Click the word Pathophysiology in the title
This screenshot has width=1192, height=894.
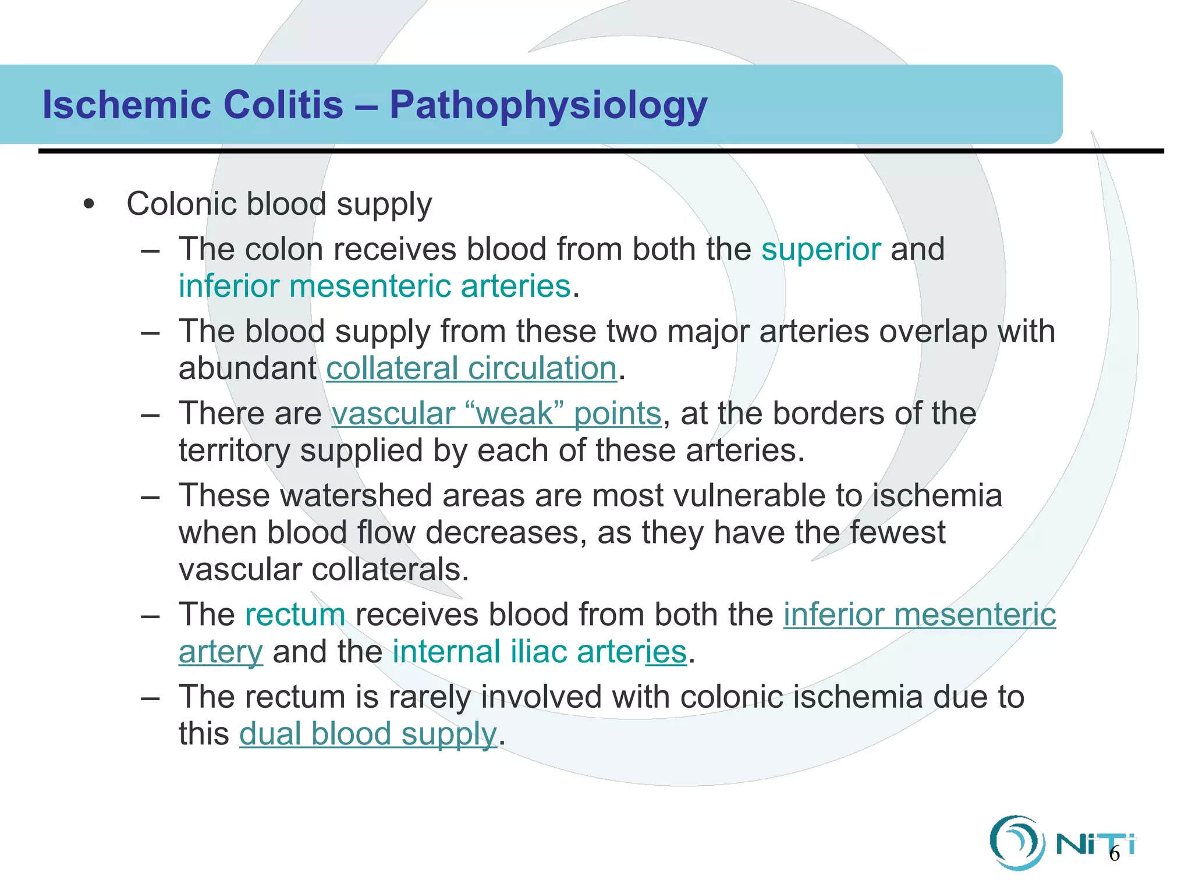[548, 105]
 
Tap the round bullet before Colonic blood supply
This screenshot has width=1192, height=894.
[88, 204]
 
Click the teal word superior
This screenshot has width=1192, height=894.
[821, 249]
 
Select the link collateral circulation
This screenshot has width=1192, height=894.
[471, 368]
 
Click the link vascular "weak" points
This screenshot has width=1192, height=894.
[496, 414]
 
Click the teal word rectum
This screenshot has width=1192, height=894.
[295, 615]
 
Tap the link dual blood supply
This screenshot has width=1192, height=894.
[368, 733]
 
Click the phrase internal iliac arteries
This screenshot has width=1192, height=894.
[539, 652]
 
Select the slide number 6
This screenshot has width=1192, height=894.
[1114, 854]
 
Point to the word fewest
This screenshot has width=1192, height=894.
[897, 533]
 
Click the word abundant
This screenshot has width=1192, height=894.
[247, 368]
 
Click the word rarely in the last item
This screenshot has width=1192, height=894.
[430, 697]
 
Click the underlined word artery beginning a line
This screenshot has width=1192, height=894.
[221, 652]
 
